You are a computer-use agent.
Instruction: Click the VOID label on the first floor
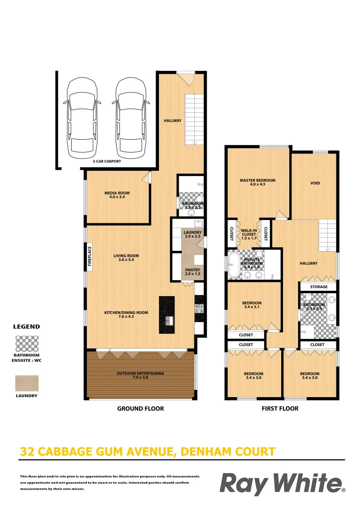tap(315, 183)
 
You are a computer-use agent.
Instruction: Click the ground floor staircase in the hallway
tap(193, 119)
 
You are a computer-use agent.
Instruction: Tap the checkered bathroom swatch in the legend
tap(27, 343)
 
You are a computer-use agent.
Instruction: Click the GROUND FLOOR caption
tap(141, 408)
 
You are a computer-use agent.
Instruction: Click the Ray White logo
tap(282, 484)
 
